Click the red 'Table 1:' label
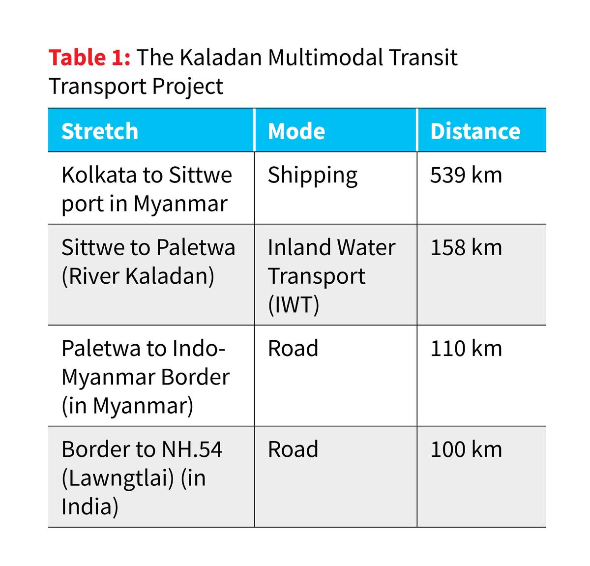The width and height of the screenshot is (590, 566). (x=89, y=58)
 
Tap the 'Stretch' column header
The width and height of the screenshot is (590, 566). (x=100, y=131)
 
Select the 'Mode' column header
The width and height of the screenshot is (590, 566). (x=296, y=131)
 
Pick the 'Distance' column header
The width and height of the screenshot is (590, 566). (x=475, y=131)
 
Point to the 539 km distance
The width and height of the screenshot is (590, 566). (x=466, y=175)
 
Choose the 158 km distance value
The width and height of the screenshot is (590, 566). (x=466, y=247)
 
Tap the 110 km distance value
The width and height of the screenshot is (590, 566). (x=466, y=349)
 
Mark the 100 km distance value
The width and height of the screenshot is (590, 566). (x=466, y=449)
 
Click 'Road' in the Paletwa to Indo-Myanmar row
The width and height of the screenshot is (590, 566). (x=293, y=349)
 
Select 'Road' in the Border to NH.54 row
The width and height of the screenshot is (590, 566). (x=293, y=449)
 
